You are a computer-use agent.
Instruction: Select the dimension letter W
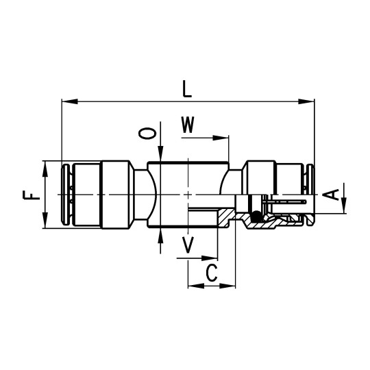click(x=188, y=125)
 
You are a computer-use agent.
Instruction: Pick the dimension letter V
click(x=188, y=245)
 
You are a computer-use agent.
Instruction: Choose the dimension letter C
click(x=212, y=273)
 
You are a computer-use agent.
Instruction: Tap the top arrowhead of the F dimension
click(x=45, y=166)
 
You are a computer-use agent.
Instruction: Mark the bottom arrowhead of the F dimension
click(x=45, y=224)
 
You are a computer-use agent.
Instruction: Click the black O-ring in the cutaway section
click(x=256, y=217)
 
